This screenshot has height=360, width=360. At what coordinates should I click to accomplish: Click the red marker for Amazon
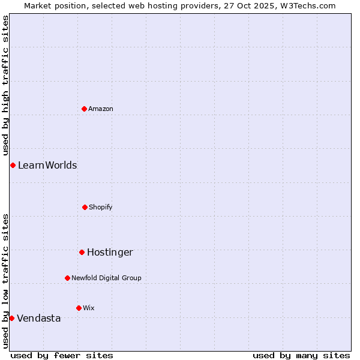[84, 109]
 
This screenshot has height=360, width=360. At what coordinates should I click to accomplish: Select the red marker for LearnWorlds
[13, 165]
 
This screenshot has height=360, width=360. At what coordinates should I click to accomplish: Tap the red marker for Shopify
[85, 207]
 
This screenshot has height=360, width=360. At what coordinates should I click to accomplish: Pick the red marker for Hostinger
[82, 252]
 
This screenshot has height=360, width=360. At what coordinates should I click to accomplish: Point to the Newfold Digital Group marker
[67, 278]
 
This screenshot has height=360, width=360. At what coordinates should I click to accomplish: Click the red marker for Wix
[79, 308]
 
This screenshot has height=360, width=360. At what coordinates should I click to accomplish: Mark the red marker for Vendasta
[12, 318]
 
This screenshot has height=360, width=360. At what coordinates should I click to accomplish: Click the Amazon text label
[101, 109]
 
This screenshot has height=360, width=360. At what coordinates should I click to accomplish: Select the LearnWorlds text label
[47, 165]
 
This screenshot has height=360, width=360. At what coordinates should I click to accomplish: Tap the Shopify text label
[101, 207]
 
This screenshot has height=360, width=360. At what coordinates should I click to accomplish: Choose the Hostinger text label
[110, 252]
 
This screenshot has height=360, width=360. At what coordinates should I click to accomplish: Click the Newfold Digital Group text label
[107, 278]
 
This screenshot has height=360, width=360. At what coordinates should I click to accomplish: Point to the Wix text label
[89, 308]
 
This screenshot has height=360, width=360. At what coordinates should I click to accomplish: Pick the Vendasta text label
[39, 318]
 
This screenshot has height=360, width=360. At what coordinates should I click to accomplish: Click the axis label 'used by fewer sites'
[62, 355]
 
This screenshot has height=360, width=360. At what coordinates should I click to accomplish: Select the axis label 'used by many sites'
[301, 355]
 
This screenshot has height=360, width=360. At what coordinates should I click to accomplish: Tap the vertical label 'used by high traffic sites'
[5, 86]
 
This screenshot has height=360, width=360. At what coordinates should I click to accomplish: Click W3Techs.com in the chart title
[308, 5]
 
